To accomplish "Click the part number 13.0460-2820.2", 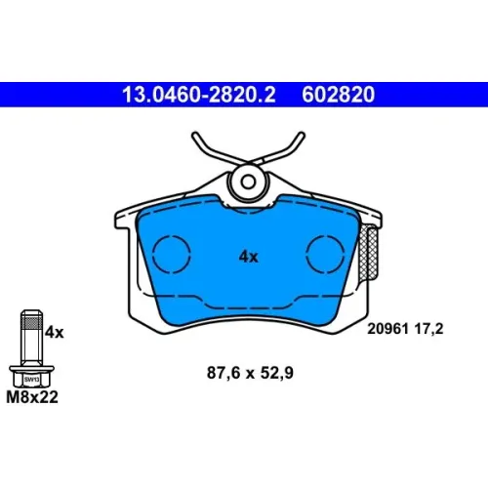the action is coord(199,95).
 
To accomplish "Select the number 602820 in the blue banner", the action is coord(339,95).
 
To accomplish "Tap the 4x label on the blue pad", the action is coord(249,257).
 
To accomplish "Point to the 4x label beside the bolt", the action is coord(55,333).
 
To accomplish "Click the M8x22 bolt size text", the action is coord(32,397).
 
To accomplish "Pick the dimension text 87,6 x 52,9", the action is coord(250,373).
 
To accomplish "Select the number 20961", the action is coord(387,329).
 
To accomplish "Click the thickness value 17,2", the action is coord(428,329).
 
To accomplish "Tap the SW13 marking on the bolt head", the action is coord(31,380).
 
